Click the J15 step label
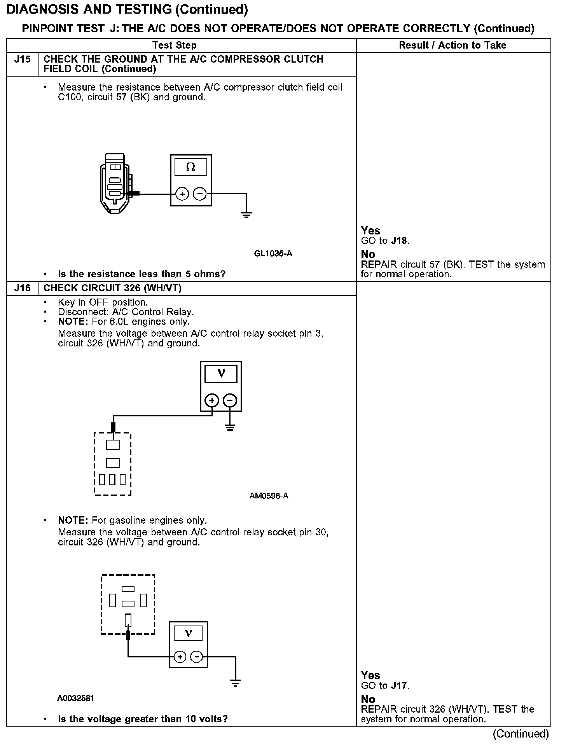pos(22,59)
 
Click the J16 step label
pos(22,288)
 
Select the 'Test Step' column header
pos(175,45)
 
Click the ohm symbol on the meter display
pos(190,167)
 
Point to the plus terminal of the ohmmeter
pos(182,194)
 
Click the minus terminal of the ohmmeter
pos(200,194)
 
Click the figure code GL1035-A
pos(273,254)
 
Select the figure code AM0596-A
pos(269,496)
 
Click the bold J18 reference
pos(400,241)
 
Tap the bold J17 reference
pos(400,686)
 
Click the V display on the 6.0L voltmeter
pos(221,374)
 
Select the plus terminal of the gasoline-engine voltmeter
pos(180,657)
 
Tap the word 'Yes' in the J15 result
pos(370,231)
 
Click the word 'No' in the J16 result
pos(368,699)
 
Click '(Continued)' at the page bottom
pos(521,734)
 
